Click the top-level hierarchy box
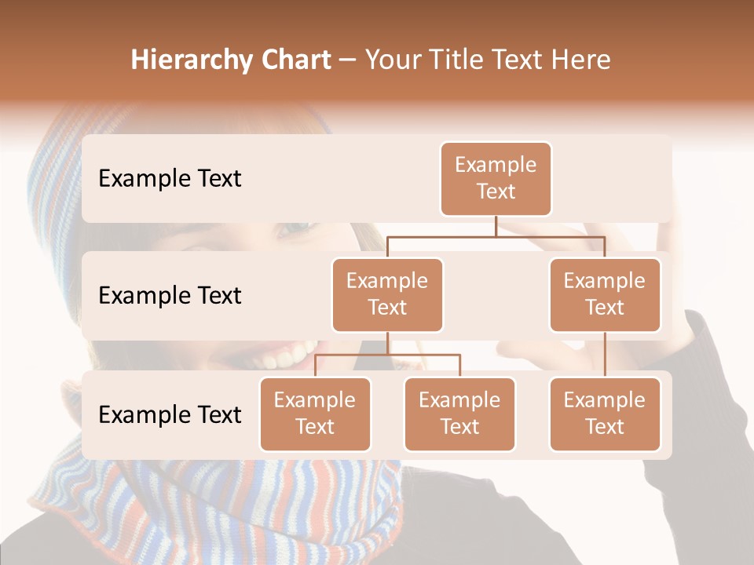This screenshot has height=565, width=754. pyautogui.click(x=496, y=179)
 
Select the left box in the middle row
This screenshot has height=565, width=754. pyautogui.click(x=387, y=294)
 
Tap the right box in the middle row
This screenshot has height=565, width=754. pyautogui.click(x=605, y=294)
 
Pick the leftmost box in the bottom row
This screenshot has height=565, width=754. pyautogui.click(x=315, y=414)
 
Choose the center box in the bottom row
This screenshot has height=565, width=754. pyautogui.click(x=459, y=414)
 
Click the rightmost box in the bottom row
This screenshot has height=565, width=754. pyautogui.click(x=605, y=414)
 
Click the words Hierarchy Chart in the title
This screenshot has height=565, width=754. pyautogui.click(x=231, y=60)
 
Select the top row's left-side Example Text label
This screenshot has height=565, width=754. pyautogui.click(x=170, y=179)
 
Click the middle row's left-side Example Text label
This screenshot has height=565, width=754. pyautogui.click(x=170, y=295)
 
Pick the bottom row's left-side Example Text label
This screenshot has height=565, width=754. pyautogui.click(x=170, y=414)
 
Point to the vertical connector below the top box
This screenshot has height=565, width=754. pyautogui.click(x=496, y=225)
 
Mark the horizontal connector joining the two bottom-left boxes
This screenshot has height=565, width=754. pyautogui.click(x=387, y=355)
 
